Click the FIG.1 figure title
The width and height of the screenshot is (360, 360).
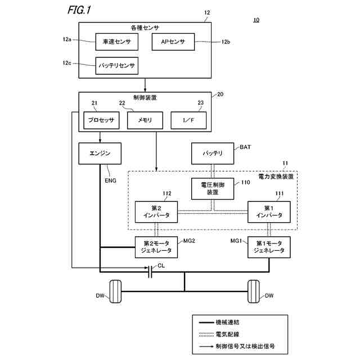[79, 10]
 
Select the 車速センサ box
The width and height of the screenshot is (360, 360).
[117, 42]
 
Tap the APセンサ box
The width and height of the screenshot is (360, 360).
[173, 42]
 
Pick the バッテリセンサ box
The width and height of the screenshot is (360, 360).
[117, 66]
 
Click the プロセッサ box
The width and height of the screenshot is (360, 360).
[101, 120]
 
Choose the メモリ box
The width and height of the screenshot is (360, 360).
[145, 120]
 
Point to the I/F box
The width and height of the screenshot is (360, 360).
[188, 120]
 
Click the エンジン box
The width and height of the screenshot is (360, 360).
[100, 154]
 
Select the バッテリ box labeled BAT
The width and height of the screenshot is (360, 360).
[213, 154]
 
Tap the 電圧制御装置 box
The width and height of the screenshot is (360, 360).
[213, 188]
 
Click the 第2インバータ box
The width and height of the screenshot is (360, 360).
[156, 212]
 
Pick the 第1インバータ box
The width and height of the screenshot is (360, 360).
[269, 212]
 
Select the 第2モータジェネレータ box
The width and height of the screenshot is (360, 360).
[156, 247]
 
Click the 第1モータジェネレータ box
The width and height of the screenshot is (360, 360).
[269, 247]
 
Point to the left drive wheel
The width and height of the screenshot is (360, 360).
[115, 291]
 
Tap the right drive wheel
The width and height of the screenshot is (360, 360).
[254, 291]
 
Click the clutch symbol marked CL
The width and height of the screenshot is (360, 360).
[150, 272]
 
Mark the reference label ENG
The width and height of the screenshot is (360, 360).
[110, 181]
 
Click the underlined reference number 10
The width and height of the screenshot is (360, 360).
[256, 20]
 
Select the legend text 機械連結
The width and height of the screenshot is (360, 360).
[227, 322]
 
